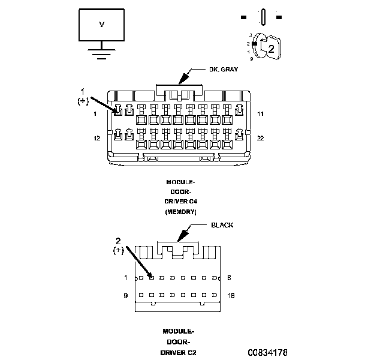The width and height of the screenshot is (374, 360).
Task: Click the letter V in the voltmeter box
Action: pyautogui.click(x=101, y=25)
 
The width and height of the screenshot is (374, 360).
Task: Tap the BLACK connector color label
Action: pyautogui.click(x=222, y=226)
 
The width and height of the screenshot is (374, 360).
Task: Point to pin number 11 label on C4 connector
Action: pyautogui.click(x=260, y=113)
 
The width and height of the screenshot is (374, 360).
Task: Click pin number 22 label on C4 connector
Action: pyautogui.click(x=260, y=138)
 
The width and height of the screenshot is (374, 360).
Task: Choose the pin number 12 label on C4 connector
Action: pyautogui.click(x=96, y=138)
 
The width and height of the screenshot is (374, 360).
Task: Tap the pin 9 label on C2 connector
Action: pyautogui.click(x=126, y=296)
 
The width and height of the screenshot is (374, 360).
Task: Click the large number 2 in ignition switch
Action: pyautogui.click(x=271, y=50)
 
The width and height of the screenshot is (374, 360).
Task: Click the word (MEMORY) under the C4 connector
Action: pyautogui.click(x=181, y=212)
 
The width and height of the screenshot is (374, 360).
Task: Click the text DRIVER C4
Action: pyautogui.click(x=181, y=202)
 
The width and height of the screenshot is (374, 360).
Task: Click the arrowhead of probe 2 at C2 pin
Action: pyautogui.click(x=150, y=275)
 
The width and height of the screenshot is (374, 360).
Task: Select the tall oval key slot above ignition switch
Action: pyautogui.click(x=263, y=17)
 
